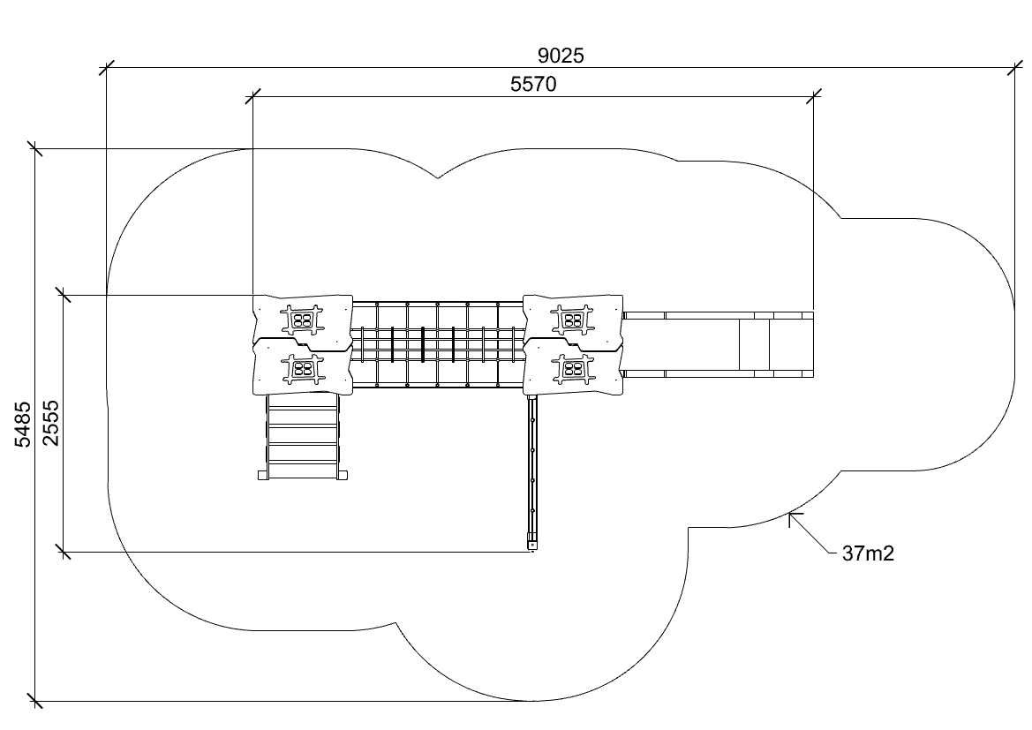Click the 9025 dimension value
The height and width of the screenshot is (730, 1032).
point(560,56)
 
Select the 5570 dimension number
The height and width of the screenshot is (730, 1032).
point(533,84)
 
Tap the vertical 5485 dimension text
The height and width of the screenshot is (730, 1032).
point(23,425)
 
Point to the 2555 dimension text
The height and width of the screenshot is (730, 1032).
point(50,423)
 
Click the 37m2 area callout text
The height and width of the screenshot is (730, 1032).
point(868,553)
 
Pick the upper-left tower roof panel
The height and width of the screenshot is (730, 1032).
point(303,320)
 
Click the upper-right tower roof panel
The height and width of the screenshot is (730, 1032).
point(573,320)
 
